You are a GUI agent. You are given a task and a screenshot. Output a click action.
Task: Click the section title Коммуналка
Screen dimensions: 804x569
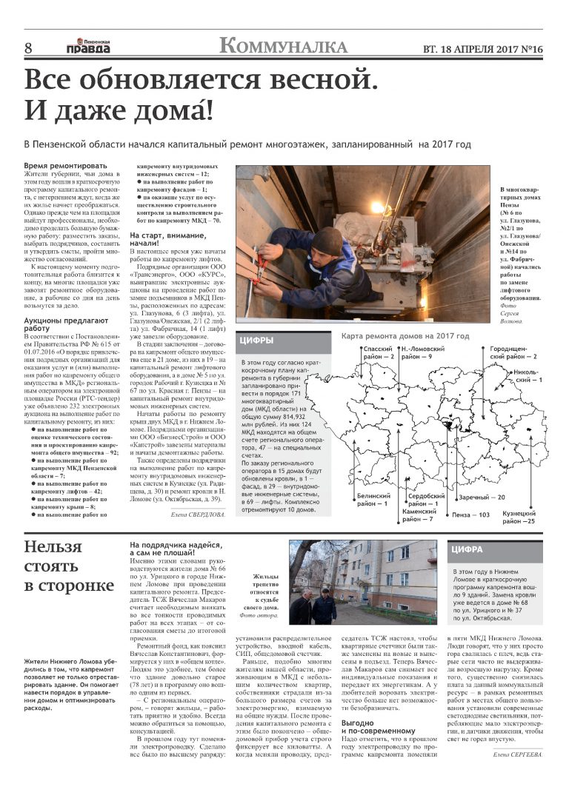[x=284, y=47]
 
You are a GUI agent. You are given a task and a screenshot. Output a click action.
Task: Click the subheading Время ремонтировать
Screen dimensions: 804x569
[x=65, y=166]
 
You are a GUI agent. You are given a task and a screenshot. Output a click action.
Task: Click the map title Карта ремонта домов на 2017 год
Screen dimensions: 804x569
[x=405, y=336]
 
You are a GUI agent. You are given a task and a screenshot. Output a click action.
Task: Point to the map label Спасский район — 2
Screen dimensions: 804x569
[x=378, y=352]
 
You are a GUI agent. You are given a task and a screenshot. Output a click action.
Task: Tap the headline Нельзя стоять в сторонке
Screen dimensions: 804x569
[x=69, y=566]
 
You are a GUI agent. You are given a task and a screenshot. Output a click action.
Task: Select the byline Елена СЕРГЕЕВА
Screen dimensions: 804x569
[x=517, y=754]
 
